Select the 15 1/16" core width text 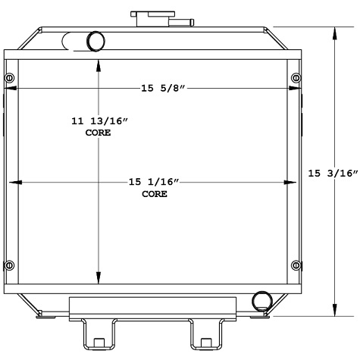(x=154, y=182)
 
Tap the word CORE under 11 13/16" (x=98, y=133)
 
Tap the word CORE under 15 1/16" (x=154, y=194)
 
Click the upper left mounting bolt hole (x=9, y=80)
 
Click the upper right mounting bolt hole (x=295, y=80)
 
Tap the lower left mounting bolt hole (x=9, y=265)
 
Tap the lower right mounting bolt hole (x=295, y=265)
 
